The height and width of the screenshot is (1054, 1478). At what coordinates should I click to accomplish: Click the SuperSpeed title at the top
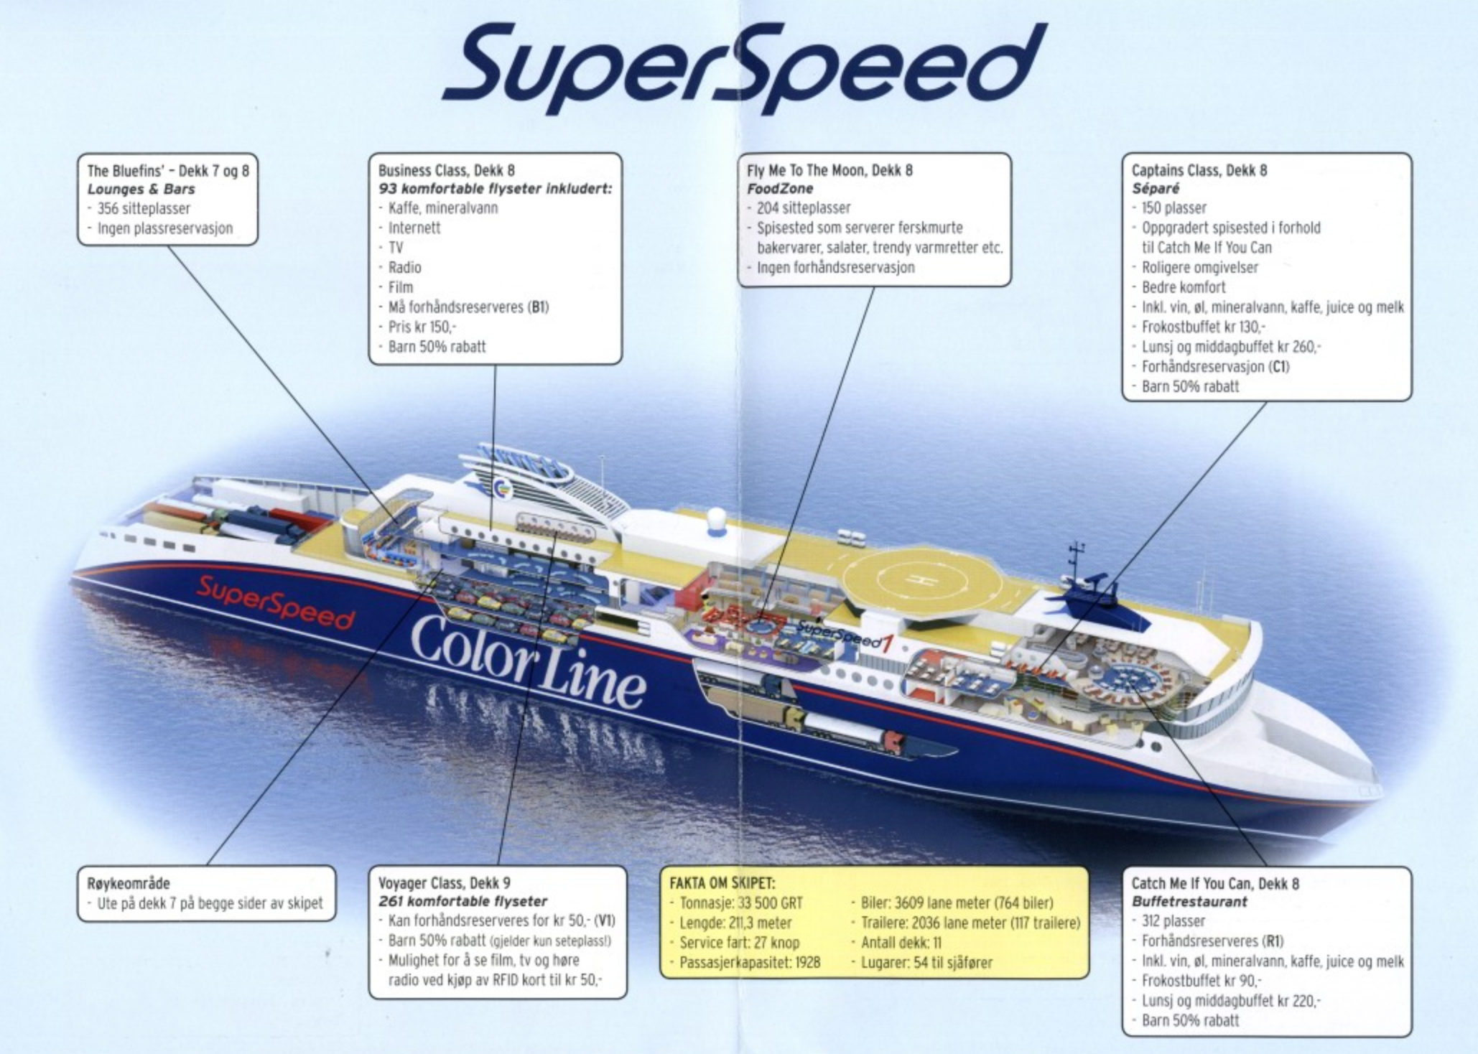(743, 68)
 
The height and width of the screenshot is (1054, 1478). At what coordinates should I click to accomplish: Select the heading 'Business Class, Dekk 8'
(446, 170)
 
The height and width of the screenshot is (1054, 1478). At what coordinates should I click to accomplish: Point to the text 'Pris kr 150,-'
(422, 327)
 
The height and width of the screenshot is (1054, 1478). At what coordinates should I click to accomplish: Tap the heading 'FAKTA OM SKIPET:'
(722, 884)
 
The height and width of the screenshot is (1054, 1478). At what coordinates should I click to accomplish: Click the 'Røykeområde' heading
(129, 884)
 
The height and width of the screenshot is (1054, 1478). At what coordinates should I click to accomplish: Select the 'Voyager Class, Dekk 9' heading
(445, 883)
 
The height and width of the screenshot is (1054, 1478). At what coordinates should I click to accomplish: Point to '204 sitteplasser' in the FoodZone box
(803, 208)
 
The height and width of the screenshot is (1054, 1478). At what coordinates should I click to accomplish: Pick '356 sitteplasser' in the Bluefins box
(144, 209)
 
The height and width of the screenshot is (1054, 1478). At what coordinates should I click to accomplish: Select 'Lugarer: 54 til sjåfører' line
(926, 962)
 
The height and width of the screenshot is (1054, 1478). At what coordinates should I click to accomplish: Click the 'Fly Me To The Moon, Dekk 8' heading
(829, 170)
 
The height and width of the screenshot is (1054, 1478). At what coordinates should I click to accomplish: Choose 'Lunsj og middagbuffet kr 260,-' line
(1231, 347)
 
